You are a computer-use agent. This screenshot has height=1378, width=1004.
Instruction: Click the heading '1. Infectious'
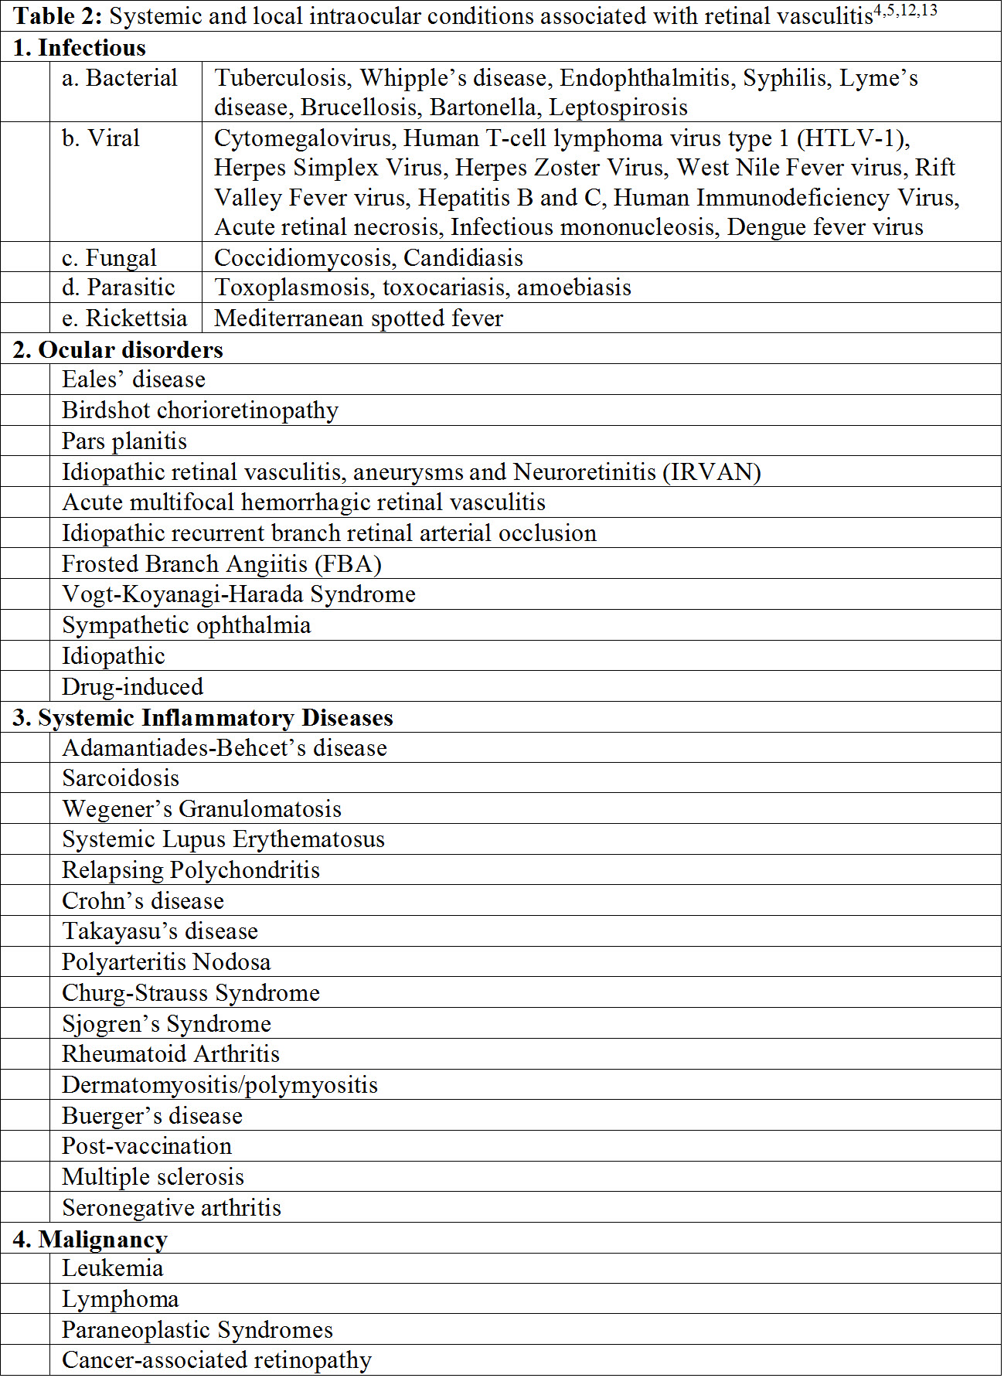click(80, 48)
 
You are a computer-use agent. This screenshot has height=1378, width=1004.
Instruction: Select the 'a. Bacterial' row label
click(120, 78)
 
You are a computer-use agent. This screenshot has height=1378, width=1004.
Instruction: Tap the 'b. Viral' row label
click(101, 138)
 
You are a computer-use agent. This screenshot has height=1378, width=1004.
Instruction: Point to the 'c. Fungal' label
click(109, 257)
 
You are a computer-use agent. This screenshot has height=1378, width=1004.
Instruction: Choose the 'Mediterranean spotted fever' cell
click(359, 318)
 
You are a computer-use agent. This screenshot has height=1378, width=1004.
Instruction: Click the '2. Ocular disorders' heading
click(118, 349)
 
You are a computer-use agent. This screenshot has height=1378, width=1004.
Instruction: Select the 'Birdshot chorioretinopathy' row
click(200, 410)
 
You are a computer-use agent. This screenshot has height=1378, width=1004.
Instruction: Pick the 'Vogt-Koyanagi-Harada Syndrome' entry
click(239, 594)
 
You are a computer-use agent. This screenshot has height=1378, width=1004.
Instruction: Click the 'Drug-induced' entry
click(133, 686)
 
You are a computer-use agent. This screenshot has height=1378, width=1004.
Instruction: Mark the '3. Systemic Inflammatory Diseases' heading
click(203, 717)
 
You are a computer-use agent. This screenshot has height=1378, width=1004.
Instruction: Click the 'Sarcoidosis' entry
click(121, 777)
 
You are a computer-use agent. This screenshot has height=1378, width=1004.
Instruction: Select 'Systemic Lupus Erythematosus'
click(223, 839)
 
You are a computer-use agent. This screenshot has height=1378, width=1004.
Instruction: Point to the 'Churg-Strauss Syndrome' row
click(191, 992)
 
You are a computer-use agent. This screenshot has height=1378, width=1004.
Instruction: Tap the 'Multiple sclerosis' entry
click(153, 1176)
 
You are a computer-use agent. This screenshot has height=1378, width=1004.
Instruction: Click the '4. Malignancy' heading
click(90, 1239)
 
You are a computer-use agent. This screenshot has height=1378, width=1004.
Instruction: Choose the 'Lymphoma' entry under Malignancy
click(121, 1299)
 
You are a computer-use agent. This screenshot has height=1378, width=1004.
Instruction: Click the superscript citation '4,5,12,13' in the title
click(905, 11)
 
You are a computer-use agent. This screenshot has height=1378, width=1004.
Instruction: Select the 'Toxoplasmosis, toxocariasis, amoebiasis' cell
click(423, 288)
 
